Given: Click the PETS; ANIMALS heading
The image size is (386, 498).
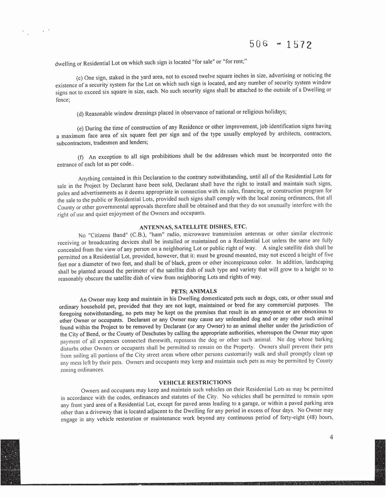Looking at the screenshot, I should pos(194,291).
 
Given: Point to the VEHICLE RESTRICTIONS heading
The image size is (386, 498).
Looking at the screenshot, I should pos(195,382).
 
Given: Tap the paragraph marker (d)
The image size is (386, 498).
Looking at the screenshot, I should pos(80,114).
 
